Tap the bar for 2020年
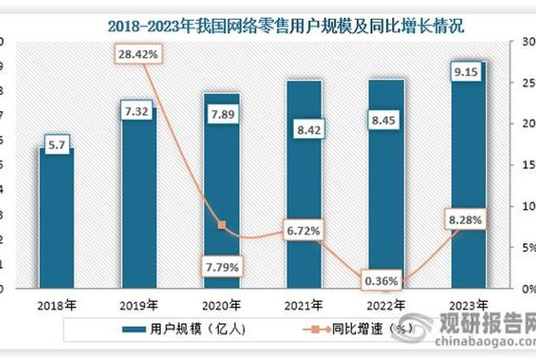click(x=221, y=191)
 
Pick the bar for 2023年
click(x=466, y=176)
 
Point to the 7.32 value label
click(x=138, y=113)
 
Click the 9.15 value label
click(x=466, y=74)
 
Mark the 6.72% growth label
click(x=303, y=230)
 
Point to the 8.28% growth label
click(x=466, y=221)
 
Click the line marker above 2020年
click(x=221, y=225)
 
